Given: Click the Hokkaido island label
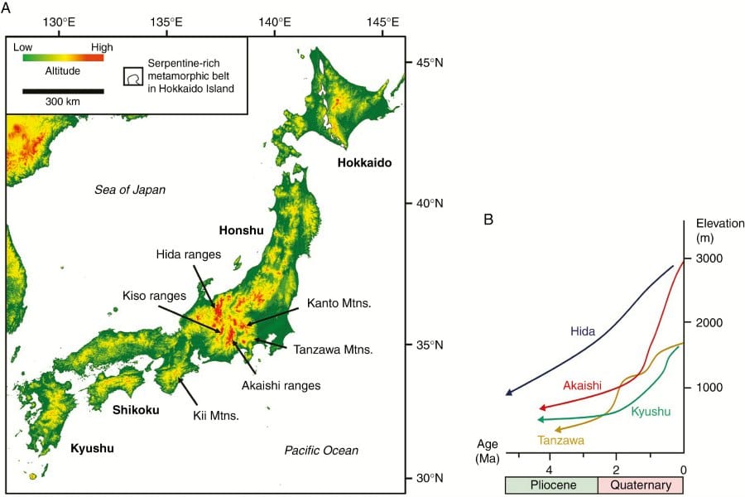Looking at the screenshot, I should coord(364,162).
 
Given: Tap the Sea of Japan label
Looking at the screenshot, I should coord(130,190).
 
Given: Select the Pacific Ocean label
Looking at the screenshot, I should coord(321,451).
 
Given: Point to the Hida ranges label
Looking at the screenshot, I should coord(187,254).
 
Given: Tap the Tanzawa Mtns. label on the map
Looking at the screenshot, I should coord(332,350).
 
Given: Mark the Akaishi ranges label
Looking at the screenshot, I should coord(282,385).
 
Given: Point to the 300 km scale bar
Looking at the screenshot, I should coord(63,90).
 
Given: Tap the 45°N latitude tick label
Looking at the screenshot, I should coord(429,63).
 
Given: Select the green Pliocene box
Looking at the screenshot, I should coord(551,485).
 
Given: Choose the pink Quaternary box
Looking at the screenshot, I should coord(641,485).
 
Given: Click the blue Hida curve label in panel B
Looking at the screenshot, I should coord(583,331).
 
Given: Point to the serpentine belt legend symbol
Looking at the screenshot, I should coord(132,77).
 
